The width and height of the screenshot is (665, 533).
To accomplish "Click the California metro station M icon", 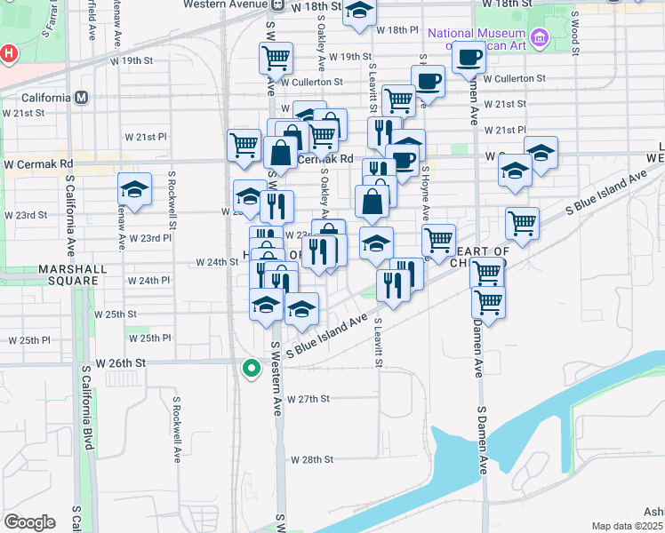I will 81,97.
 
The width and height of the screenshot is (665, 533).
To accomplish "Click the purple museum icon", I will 538,37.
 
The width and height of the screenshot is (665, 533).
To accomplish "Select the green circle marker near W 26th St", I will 252,367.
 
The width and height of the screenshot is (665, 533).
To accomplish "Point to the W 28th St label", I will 311,460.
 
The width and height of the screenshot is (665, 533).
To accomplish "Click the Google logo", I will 29,521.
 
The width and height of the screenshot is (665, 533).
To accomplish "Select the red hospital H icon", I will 8,54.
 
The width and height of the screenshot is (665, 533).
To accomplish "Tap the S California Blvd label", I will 87,408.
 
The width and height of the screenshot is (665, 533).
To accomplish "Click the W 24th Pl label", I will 148,280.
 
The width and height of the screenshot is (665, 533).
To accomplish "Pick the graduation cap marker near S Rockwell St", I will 134,190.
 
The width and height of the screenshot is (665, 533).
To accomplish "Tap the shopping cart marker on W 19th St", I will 276,58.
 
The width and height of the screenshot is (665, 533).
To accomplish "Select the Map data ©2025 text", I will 628,526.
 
